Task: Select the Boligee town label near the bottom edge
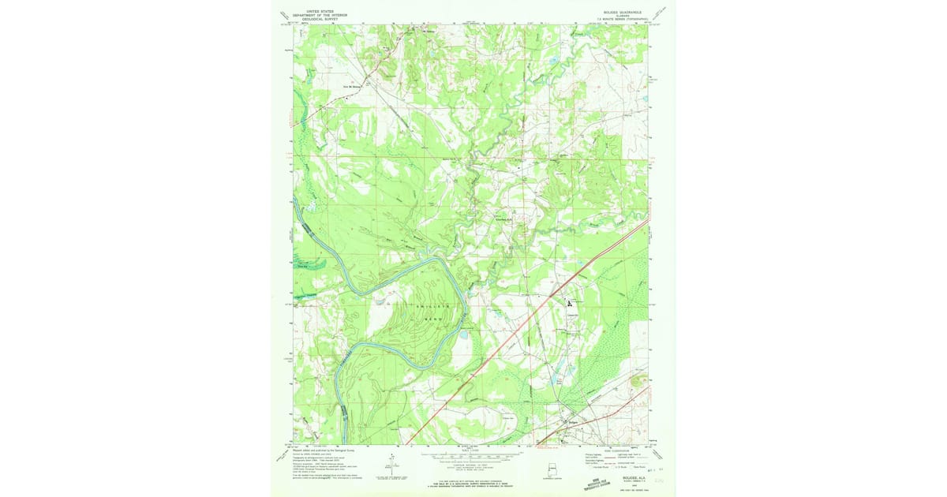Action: (574, 421)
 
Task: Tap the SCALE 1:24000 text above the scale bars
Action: (474, 450)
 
